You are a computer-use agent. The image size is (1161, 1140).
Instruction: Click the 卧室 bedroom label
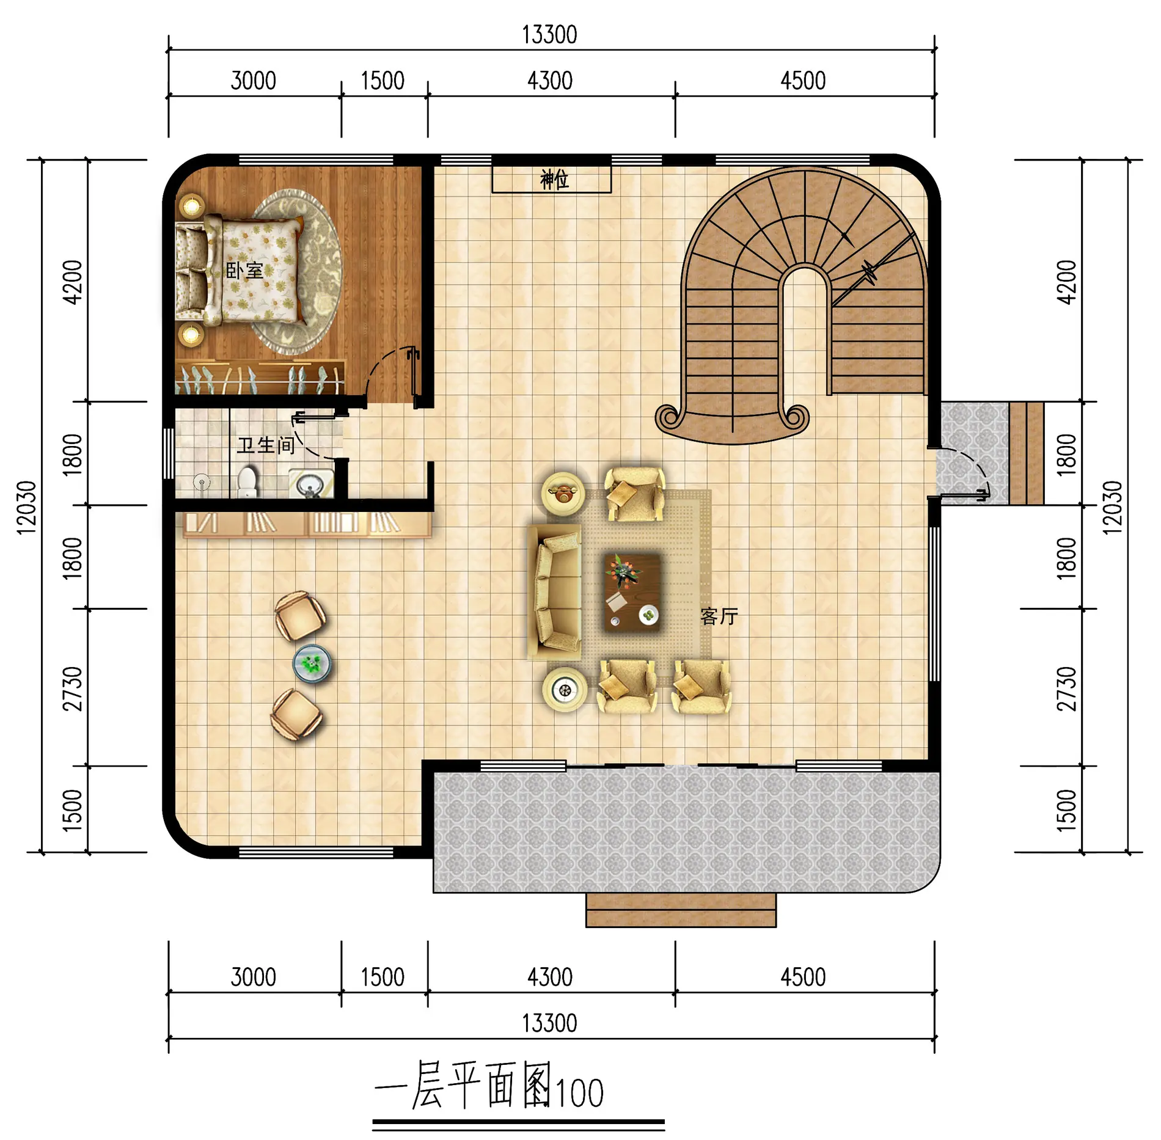[244, 271]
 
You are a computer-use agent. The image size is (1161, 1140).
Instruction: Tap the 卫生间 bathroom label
[266, 445]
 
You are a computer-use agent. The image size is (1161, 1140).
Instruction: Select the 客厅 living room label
[719, 616]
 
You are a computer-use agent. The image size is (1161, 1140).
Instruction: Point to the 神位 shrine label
[554, 180]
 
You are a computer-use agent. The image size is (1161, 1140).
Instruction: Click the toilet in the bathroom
[247, 482]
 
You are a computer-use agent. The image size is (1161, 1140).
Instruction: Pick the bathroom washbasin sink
[311, 484]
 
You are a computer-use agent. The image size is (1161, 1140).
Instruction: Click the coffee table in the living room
[632, 591]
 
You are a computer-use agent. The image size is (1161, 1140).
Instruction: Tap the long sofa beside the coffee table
[555, 591]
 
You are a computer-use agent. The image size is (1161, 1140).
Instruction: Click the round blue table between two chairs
[312, 663]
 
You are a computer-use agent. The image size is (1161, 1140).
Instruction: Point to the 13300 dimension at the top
[549, 35]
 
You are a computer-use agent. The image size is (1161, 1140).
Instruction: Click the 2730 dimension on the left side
[73, 689]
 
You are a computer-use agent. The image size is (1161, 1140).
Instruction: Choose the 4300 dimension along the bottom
[550, 977]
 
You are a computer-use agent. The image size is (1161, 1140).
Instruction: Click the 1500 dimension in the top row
[383, 81]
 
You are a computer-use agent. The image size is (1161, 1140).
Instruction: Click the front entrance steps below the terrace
[681, 910]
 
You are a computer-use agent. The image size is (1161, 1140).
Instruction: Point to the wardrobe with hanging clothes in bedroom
[259, 378]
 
